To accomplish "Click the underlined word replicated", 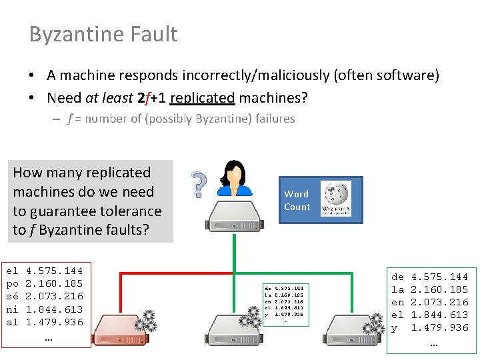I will click(x=202, y=98).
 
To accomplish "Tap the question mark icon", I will click(x=197, y=185).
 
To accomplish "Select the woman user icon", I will click(x=235, y=179).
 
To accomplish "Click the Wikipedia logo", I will click(x=337, y=199).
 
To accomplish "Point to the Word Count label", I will click(x=297, y=200).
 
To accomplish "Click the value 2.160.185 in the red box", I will click(x=54, y=284).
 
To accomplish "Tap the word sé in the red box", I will click(x=12, y=297).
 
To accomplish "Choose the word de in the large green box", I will click(x=397, y=277).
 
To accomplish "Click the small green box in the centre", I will click(x=285, y=304).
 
